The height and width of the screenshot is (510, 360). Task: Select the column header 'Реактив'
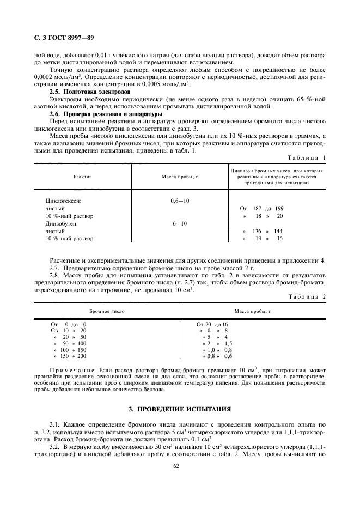click(x=83, y=177)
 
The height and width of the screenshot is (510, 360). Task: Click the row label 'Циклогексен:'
click(x=63, y=201)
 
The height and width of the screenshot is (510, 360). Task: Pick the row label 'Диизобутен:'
click(x=63, y=223)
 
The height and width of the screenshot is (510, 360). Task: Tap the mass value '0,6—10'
click(x=180, y=201)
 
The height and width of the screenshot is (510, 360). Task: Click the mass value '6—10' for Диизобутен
click(x=180, y=223)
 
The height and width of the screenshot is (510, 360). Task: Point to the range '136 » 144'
click(x=263, y=231)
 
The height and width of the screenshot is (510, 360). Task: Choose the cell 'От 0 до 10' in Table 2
click(x=68, y=324)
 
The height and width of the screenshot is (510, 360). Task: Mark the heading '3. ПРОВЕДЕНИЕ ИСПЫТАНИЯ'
click(x=180, y=408)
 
